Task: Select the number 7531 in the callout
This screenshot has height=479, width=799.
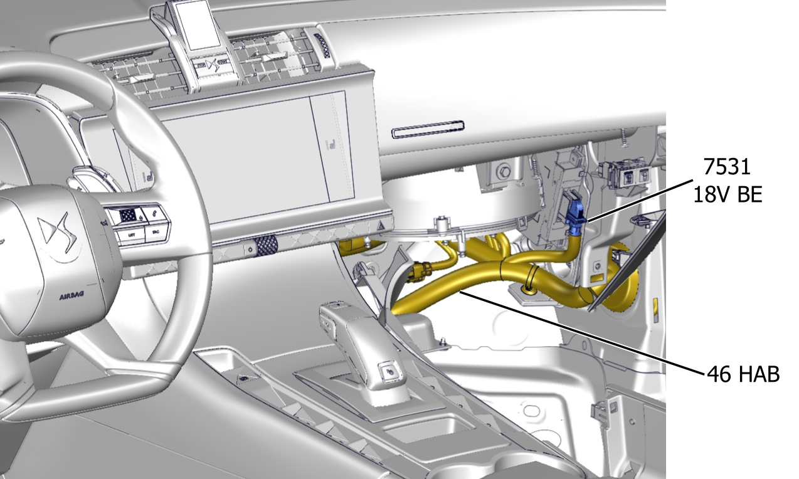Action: point(727,166)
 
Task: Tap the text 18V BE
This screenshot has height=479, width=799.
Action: point(728,194)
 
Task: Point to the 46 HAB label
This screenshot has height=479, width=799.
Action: point(743,374)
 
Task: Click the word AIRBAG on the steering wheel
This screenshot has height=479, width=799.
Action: point(71,296)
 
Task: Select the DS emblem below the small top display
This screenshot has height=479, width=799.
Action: point(211,65)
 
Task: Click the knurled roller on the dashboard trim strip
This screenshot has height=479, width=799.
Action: point(266,246)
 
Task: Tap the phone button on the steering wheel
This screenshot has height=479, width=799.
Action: point(155,214)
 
